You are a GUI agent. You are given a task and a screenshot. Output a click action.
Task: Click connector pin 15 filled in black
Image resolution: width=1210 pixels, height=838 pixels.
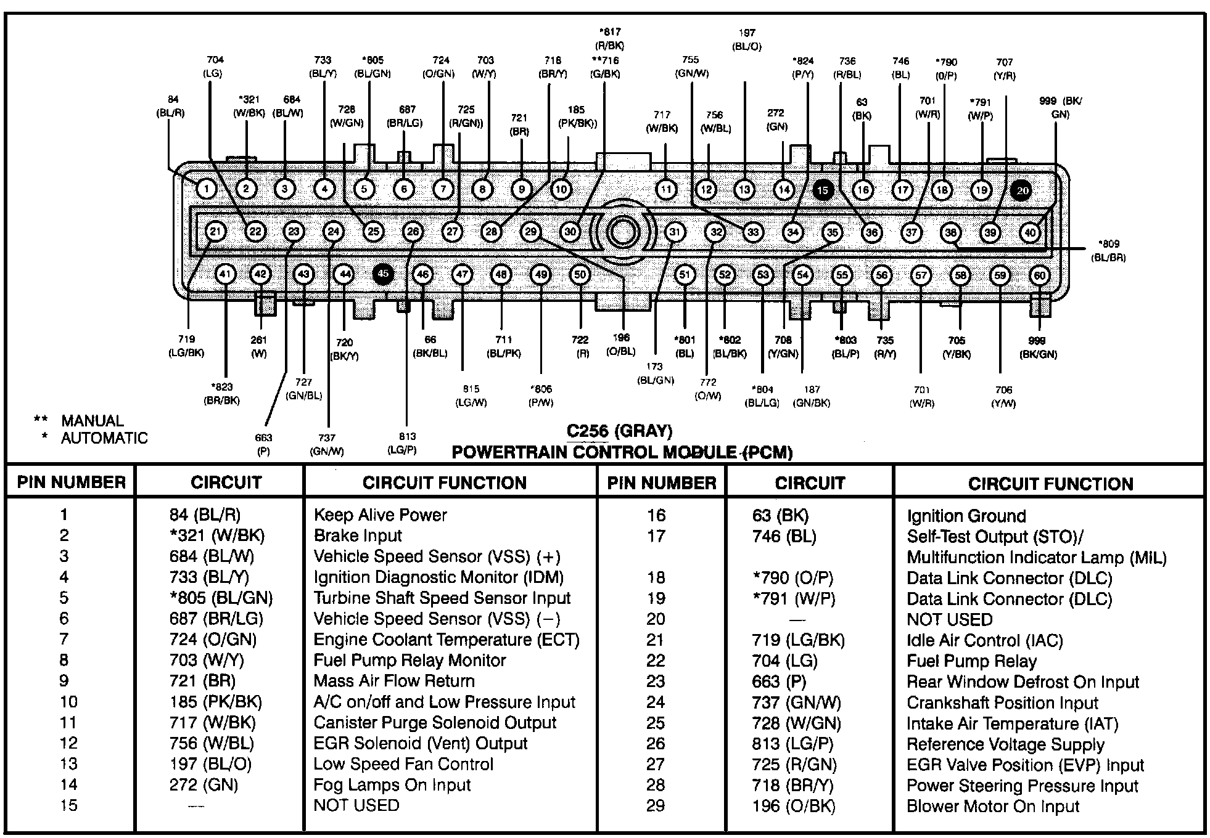tap(823, 190)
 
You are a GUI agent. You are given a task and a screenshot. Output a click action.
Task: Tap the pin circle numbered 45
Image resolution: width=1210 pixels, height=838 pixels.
tap(383, 274)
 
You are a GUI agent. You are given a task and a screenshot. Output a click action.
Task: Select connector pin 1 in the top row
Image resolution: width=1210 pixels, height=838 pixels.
tap(206, 189)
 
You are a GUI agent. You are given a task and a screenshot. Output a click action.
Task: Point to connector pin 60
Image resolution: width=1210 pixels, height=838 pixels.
tap(1040, 275)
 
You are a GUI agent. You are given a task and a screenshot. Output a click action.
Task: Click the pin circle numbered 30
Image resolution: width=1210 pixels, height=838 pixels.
tap(570, 232)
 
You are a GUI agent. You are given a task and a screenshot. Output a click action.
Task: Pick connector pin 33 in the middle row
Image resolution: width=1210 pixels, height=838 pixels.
tap(753, 232)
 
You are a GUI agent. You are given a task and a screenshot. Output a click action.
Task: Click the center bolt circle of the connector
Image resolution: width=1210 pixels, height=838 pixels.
tap(621, 232)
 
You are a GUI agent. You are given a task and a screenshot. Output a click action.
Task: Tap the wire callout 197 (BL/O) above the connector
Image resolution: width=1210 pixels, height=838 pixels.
tap(746, 39)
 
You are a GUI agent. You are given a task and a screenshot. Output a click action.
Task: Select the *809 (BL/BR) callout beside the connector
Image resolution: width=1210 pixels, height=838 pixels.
tap(1108, 251)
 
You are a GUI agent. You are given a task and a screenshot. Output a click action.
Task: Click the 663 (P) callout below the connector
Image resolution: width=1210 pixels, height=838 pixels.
tap(263, 444)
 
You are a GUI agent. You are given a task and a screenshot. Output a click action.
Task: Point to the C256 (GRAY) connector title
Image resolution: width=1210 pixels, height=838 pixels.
tap(619, 431)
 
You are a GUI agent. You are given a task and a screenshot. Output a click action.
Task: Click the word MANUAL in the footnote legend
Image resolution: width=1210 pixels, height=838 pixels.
tap(93, 421)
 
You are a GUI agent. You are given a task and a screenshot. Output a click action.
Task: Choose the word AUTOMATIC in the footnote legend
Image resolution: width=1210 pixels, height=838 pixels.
tap(104, 438)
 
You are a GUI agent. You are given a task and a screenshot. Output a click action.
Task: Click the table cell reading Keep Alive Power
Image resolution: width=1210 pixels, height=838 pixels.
tap(380, 515)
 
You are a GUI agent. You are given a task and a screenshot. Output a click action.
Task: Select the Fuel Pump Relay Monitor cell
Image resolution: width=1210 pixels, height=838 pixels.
tap(410, 661)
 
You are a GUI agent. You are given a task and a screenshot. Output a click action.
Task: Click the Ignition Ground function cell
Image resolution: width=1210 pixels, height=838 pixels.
tap(966, 516)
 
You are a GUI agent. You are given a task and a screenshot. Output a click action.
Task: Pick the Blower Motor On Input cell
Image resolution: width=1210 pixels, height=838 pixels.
tap(993, 807)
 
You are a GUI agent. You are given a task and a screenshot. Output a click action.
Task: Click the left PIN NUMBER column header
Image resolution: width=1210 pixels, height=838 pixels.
tap(71, 482)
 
